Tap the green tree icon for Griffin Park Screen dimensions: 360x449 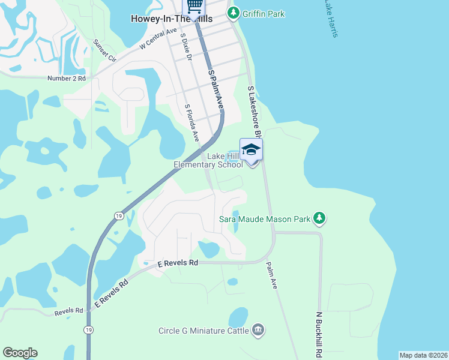click(x=234, y=13)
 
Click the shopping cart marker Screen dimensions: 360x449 click(x=194, y=6)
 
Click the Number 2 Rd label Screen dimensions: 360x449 click(x=67, y=78)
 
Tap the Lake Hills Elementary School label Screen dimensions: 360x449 click(x=208, y=160)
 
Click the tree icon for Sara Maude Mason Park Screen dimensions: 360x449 click(x=320, y=218)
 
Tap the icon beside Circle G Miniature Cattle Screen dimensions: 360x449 click(x=259, y=329)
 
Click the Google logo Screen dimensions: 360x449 click(x=20, y=353)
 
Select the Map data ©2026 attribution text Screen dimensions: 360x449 click(x=423, y=355)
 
